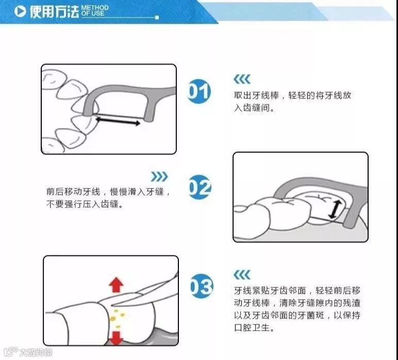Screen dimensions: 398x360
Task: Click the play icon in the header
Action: [x=20, y=11]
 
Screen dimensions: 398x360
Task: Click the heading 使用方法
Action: [x=54, y=12]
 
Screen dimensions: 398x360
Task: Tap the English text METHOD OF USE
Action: [x=95, y=11]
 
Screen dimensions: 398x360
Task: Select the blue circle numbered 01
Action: [x=199, y=91]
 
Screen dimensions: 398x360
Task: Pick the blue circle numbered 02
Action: [x=200, y=187]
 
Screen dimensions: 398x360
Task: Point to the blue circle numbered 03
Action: [x=202, y=286]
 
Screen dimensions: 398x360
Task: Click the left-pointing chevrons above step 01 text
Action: [x=242, y=79]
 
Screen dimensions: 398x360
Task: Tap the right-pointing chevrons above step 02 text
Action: [x=159, y=177]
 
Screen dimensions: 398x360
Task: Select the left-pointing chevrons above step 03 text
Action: [x=242, y=275]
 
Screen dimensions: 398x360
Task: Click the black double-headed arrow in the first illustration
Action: [x=118, y=121]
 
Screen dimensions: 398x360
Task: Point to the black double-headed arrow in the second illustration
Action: [x=335, y=209]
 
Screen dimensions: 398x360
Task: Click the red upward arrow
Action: [x=116, y=285]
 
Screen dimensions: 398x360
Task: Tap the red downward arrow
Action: [x=116, y=338]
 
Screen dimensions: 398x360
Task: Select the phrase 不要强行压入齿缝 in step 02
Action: [x=82, y=204]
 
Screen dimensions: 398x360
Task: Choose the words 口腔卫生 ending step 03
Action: [x=252, y=328]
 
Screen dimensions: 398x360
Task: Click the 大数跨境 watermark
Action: [x=36, y=352]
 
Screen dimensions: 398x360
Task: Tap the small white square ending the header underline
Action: [x=157, y=18]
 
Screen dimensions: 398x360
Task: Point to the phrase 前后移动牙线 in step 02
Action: [x=73, y=192]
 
